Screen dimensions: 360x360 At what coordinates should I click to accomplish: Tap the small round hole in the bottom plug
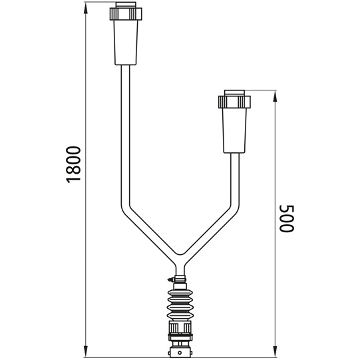click(180, 351)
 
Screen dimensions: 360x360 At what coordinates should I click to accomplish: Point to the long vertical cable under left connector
click(124, 133)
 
